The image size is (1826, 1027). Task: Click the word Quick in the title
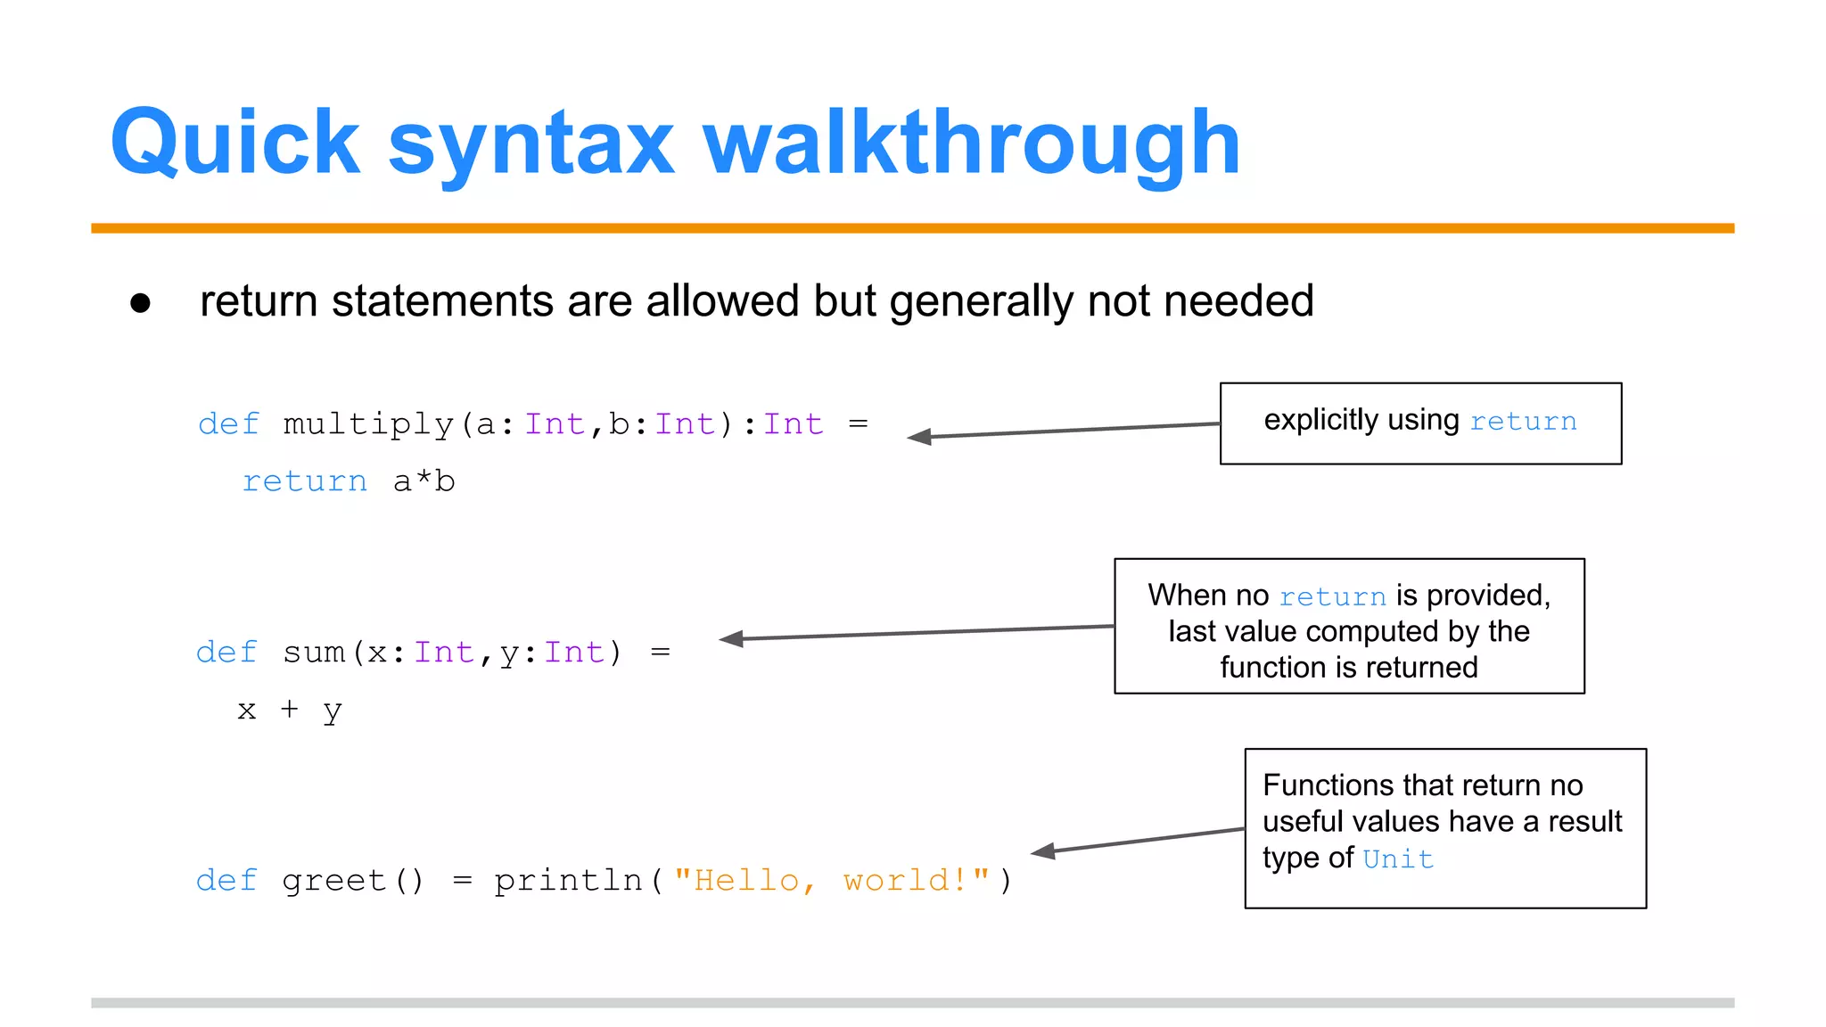click(234, 143)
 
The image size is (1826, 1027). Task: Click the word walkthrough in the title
click(972, 143)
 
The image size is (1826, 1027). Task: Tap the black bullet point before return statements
click(140, 303)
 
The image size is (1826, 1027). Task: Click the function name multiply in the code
click(367, 424)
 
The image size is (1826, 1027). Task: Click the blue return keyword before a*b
click(305, 482)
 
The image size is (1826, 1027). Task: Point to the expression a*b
click(424, 482)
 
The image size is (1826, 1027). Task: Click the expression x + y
click(289, 711)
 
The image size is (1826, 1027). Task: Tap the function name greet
click(333, 881)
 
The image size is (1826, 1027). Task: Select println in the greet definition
click(568, 881)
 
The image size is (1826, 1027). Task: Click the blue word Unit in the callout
click(1398, 859)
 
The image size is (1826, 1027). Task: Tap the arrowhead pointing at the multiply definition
click(918, 437)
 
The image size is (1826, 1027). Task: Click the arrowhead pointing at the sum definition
click(730, 638)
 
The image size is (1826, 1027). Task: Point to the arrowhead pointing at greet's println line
click(1042, 851)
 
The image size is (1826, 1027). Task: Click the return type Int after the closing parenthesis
click(793, 424)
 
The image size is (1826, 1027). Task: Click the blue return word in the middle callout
click(1332, 596)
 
